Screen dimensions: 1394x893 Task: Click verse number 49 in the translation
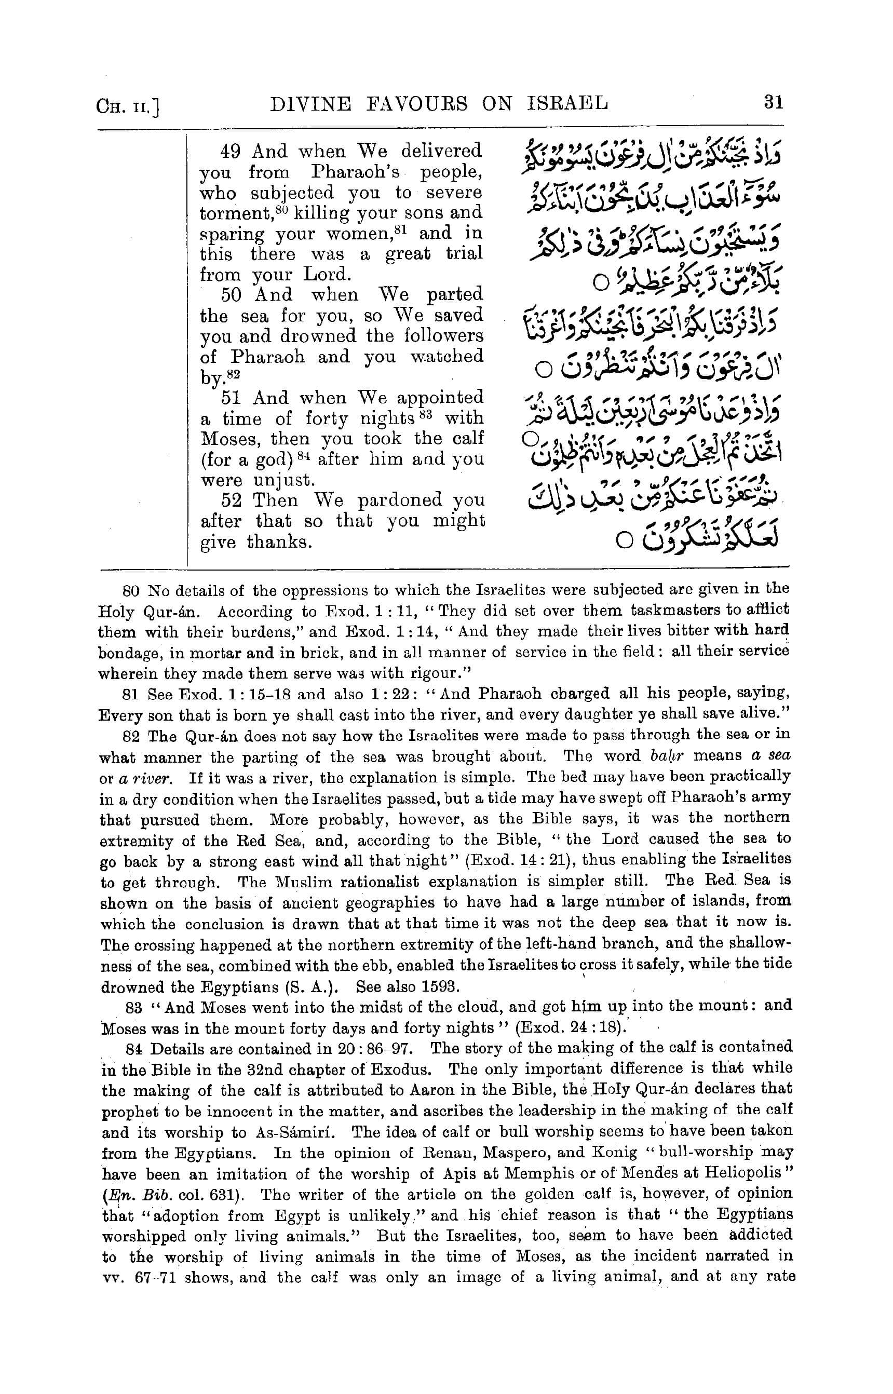click(230, 152)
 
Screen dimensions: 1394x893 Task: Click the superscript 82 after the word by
click(233, 374)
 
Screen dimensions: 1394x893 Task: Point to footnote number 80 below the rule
click(132, 591)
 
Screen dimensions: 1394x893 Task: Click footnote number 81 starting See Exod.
click(132, 694)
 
